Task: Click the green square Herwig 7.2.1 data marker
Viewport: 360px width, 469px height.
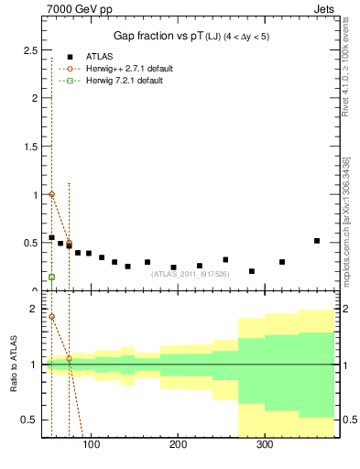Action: [x=51, y=277]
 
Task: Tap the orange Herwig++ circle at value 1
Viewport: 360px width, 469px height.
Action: [x=51, y=194]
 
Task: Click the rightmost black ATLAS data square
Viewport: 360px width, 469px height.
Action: [x=317, y=241]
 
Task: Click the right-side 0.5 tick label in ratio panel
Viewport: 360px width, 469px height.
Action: [x=348, y=420]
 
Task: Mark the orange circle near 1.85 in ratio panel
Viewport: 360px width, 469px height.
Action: [x=51, y=317]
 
